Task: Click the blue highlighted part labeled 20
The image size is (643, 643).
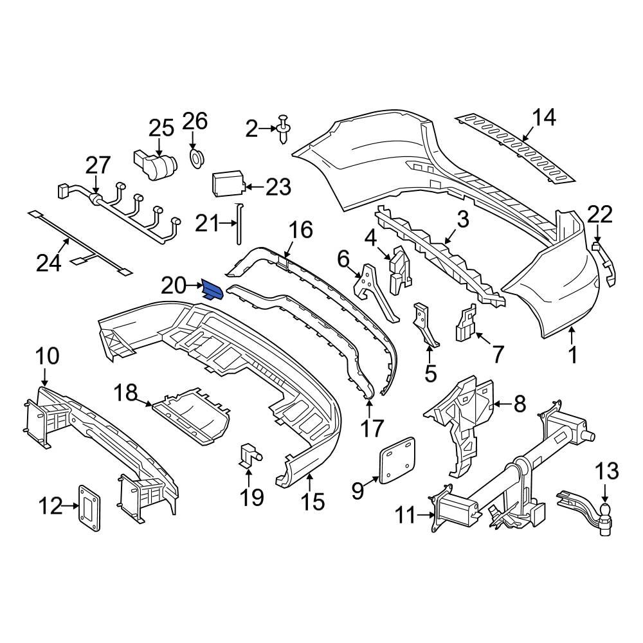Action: pyautogui.click(x=213, y=291)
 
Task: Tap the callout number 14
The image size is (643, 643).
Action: pyautogui.click(x=543, y=118)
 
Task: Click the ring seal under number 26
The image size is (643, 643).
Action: pyautogui.click(x=196, y=157)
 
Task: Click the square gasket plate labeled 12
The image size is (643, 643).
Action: pyautogui.click(x=89, y=508)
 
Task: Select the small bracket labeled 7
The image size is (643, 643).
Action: pyautogui.click(x=466, y=324)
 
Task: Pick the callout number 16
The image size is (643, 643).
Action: pyautogui.click(x=300, y=230)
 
